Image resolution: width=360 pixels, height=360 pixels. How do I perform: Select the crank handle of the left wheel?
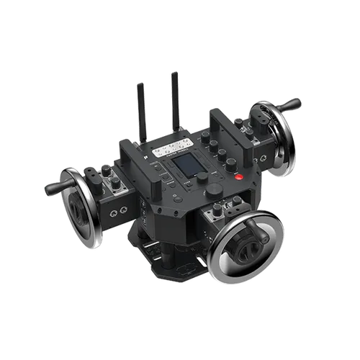[56, 186]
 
